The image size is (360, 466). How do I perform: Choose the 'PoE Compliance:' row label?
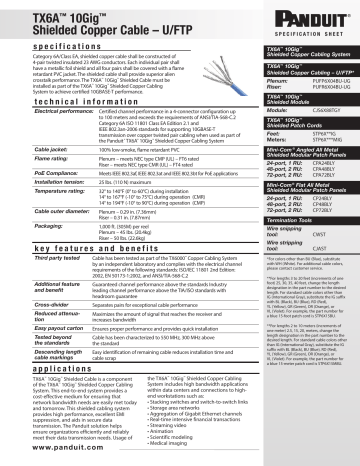pos(32,201)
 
